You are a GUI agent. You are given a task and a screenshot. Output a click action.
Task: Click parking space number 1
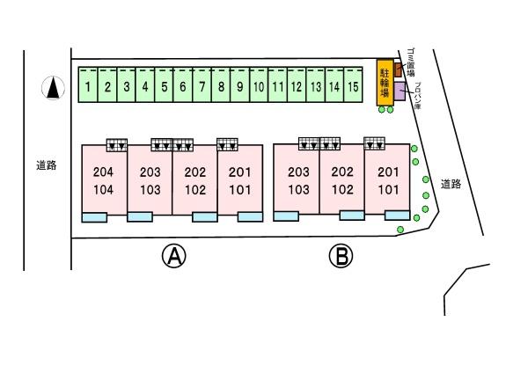coord(88,86)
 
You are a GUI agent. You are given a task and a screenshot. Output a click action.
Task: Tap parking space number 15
coord(353,86)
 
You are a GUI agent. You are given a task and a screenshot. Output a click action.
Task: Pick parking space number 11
coord(277,86)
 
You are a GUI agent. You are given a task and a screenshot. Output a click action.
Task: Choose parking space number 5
coord(164,86)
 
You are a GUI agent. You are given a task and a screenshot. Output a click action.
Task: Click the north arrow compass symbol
coord(54,87)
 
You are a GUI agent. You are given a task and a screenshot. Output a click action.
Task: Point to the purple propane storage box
coord(400,91)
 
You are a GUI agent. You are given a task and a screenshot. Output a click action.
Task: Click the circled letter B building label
coord(340,256)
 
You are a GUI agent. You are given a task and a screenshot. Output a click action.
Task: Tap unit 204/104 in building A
coord(103,180)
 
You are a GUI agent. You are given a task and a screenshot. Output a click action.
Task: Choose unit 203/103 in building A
coord(150,180)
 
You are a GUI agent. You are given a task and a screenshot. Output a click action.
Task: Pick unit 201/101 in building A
coord(240,180)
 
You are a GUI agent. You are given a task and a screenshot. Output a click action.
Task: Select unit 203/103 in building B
coord(297,180)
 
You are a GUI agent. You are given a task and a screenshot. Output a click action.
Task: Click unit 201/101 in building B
coord(388,180)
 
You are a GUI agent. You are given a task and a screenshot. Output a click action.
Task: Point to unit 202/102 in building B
coord(342,180)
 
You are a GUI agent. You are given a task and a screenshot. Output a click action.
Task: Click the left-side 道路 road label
coord(47,165)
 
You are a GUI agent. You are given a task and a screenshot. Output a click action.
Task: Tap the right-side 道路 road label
coord(451,184)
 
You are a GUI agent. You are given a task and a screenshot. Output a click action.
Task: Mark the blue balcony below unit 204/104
coord(94,217)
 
